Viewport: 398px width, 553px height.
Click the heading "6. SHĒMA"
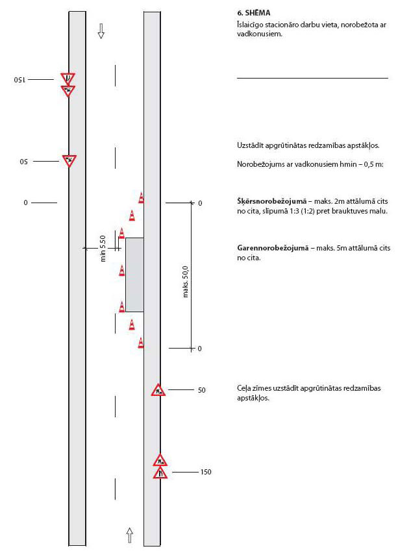point(254,13)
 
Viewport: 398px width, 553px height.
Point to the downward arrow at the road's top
point(101,31)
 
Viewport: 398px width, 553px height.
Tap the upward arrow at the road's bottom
point(129,535)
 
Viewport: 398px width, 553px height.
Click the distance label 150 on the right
point(206,472)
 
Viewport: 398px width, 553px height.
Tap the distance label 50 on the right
point(201,390)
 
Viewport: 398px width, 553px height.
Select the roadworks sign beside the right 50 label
point(158,390)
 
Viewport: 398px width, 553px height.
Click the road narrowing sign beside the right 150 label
point(160,473)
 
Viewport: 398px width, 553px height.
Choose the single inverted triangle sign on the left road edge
point(69,160)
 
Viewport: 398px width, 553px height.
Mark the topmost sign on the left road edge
point(68,79)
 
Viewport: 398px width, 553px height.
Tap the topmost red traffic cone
point(141,198)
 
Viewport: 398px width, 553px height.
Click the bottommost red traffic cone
point(141,342)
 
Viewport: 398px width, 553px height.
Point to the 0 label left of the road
point(26,203)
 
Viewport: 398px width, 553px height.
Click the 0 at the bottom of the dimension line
point(200,349)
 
